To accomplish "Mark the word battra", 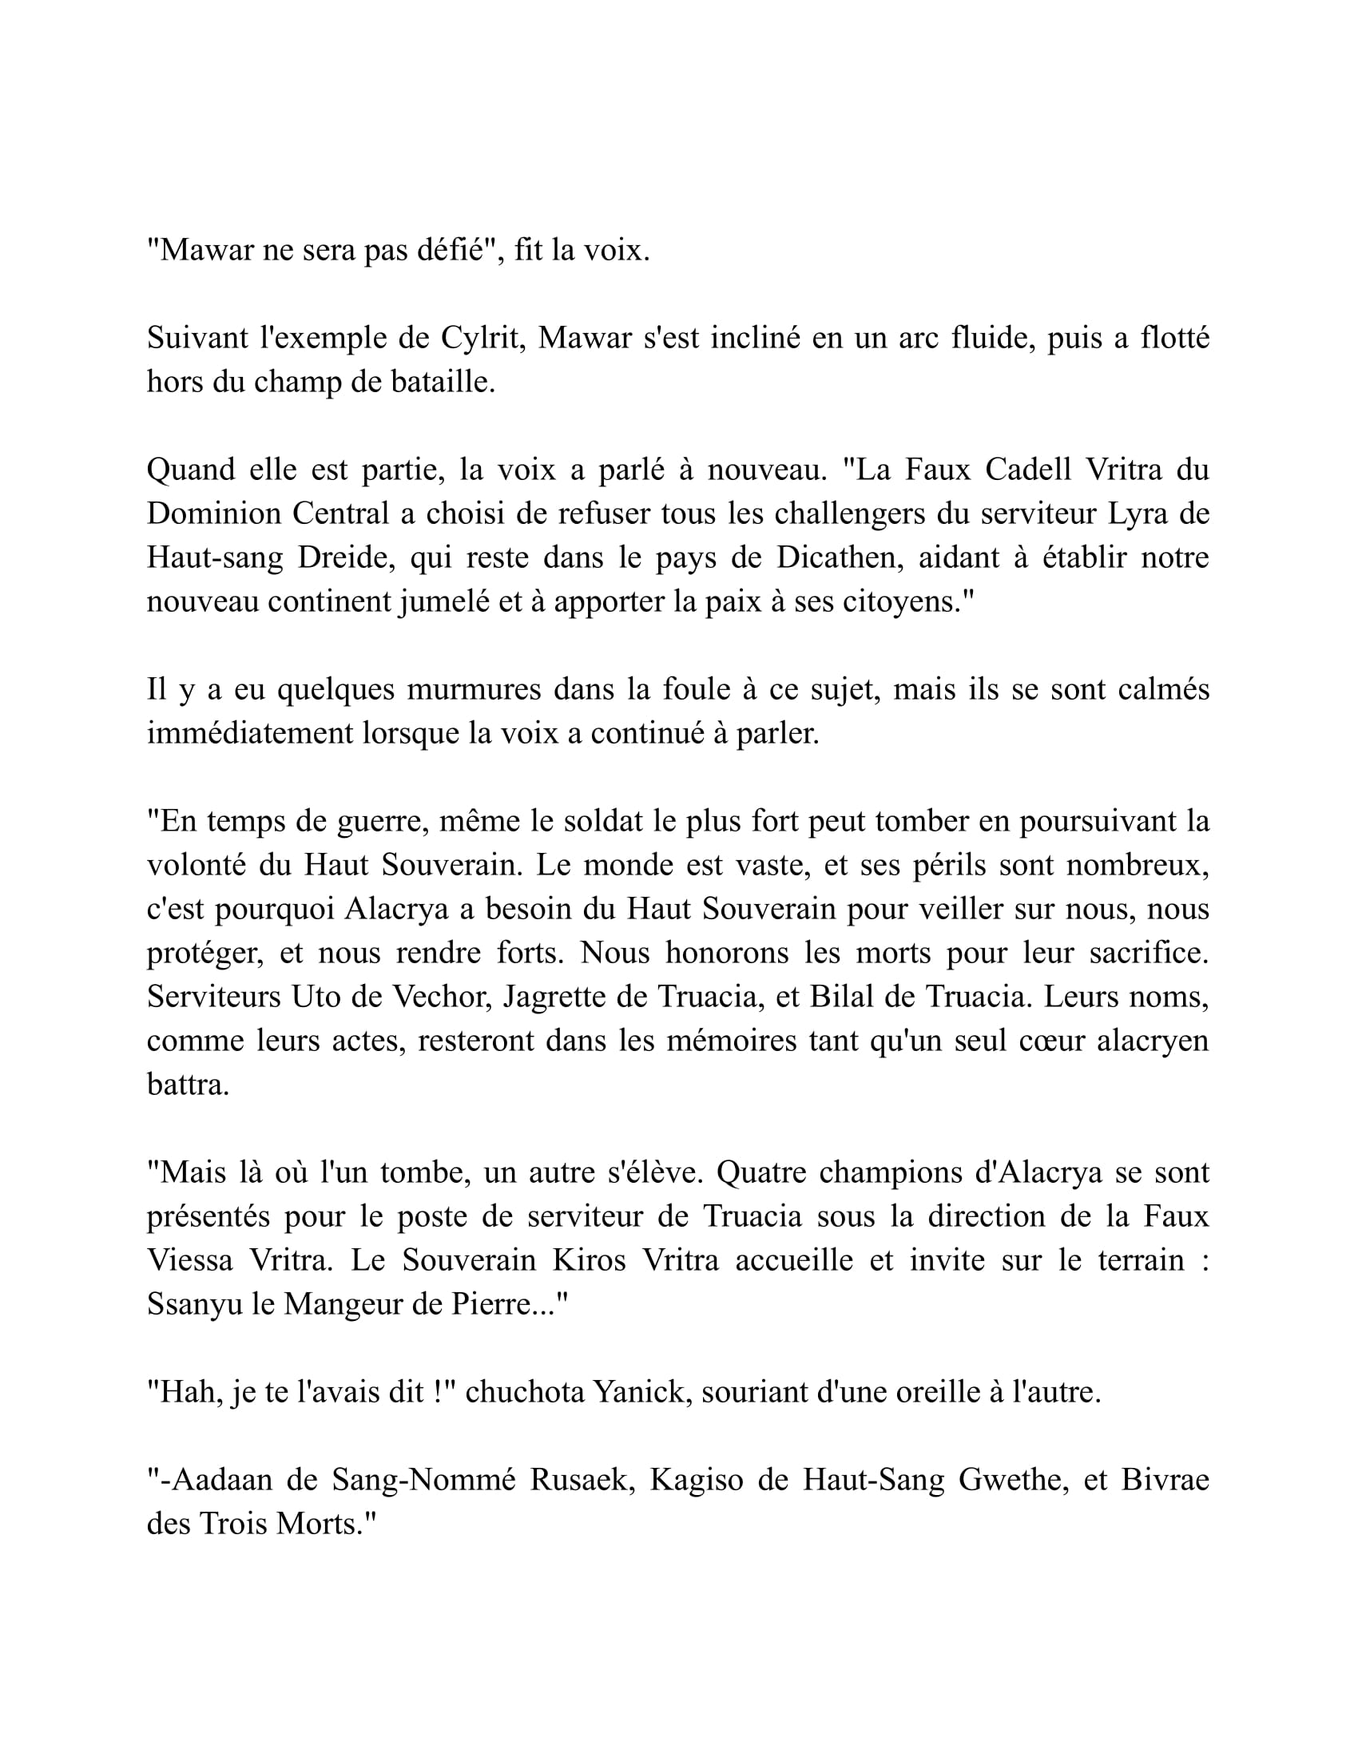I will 188,1085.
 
